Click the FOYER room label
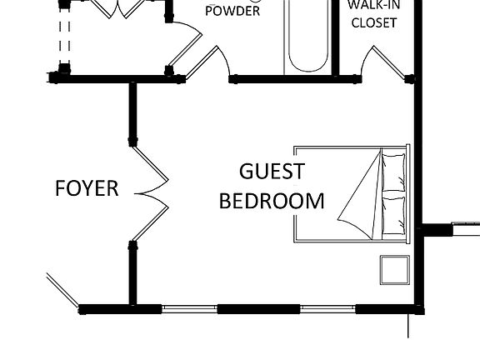[x=87, y=188]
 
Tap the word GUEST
[x=272, y=172]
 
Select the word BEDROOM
[x=272, y=201]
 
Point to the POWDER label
[x=232, y=12]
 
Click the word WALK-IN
[x=373, y=6]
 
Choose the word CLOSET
[x=373, y=23]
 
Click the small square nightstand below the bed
[x=393, y=270]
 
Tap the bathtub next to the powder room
[x=311, y=37]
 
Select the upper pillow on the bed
[x=394, y=172]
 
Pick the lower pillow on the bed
[x=394, y=213]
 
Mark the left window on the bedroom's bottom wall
[x=189, y=308]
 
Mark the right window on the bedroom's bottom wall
[x=328, y=308]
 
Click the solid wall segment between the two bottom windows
[x=258, y=308]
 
